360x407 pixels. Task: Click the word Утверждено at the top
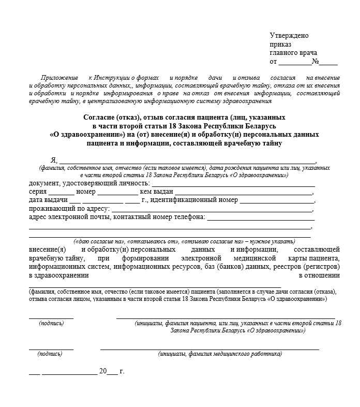click(289, 35)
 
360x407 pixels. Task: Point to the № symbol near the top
click(315, 62)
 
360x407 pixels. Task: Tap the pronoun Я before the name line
click(53, 160)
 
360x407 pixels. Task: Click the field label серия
click(38, 192)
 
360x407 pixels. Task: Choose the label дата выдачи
click(48, 200)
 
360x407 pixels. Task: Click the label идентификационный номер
click(194, 200)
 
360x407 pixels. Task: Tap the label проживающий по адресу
click(69, 208)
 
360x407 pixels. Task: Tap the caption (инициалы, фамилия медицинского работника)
click(220, 354)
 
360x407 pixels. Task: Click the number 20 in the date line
click(102, 371)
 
